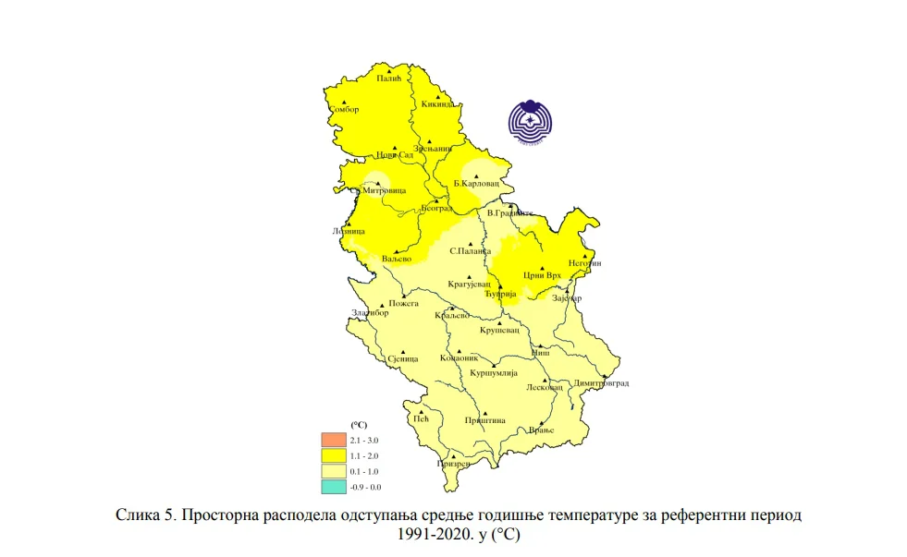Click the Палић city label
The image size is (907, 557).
[390, 79]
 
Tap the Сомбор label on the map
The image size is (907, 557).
[344, 110]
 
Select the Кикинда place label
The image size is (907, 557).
[438, 104]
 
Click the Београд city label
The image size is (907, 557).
[436, 209]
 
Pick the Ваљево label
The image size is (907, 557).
[396, 259]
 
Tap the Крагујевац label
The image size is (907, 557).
[470, 285]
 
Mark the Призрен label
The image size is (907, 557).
[453, 464]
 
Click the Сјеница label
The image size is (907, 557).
[402, 358]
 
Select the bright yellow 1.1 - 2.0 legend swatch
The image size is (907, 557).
[333, 455]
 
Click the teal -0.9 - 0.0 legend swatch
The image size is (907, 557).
[333, 486]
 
